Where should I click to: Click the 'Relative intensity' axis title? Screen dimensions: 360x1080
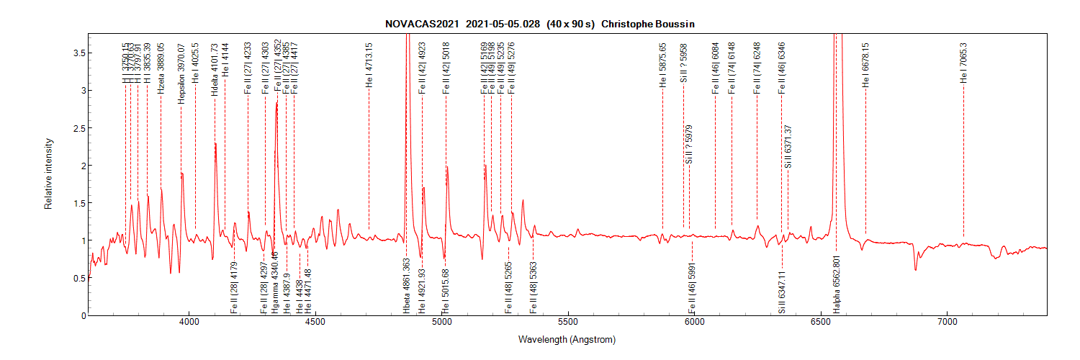click(x=49, y=174)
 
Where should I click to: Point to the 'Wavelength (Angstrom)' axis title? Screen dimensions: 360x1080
click(x=567, y=339)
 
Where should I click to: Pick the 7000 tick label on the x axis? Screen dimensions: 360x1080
click(x=947, y=324)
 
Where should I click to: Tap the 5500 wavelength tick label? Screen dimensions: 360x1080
click(x=568, y=324)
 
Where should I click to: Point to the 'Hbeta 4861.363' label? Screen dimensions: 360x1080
click(x=407, y=286)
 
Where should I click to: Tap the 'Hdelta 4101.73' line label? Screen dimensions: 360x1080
click(x=215, y=69)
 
